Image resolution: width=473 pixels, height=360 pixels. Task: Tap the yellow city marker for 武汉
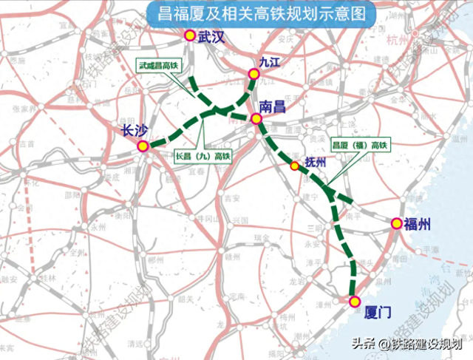tap(190, 36)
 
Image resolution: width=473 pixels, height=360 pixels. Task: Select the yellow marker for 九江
tap(254, 73)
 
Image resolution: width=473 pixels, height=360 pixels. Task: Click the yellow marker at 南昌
tap(256, 118)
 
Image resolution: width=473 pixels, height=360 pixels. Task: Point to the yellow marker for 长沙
tap(142, 147)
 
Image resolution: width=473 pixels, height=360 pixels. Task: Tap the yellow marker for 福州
tap(396, 224)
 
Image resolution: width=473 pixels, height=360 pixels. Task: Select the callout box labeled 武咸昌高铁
tap(159, 66)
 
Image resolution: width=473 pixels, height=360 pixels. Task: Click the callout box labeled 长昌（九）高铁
tap(204, 156)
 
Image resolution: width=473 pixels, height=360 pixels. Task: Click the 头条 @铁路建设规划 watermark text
tap(406, 343)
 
